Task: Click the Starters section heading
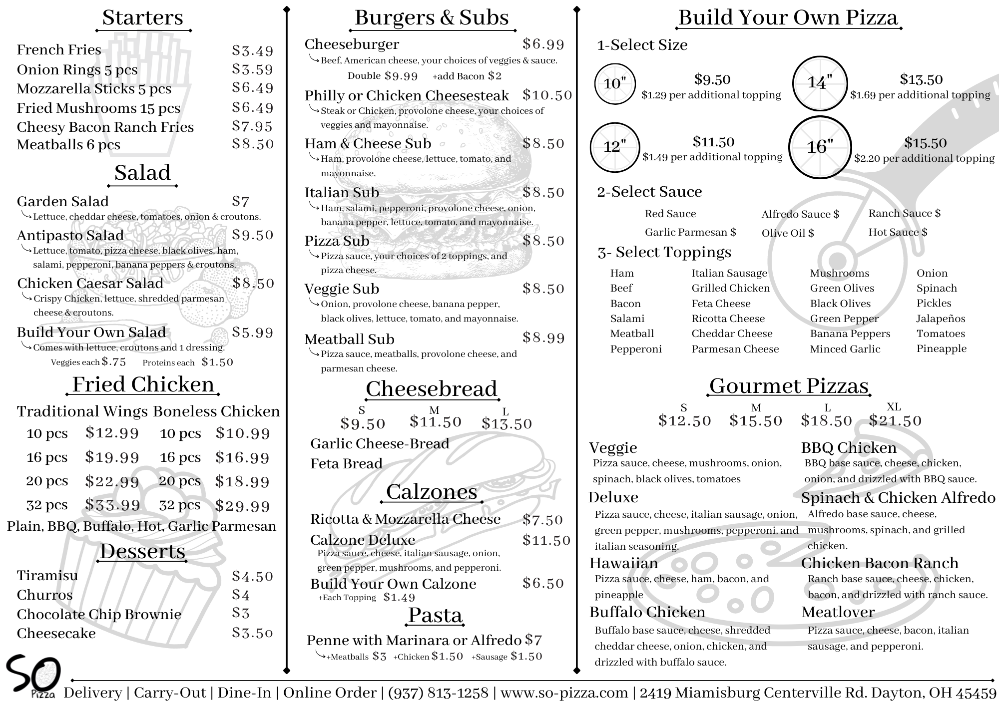(143, 18)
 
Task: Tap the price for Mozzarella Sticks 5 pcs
(253, 88)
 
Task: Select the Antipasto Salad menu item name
(70, 235)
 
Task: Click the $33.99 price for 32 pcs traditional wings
(112, 505)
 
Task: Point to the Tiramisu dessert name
(47, 576)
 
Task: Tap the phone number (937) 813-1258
(438, 693)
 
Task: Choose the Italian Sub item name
(342, 192)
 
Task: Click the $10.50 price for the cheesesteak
(547, 95)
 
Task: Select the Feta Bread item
(346, 464)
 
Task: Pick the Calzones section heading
(432, 492)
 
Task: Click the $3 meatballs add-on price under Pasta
(380, 657)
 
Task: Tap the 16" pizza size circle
(820, 147)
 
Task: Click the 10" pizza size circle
(614, 84)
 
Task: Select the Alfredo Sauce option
(800, 214)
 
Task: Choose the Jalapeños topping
(941, 319)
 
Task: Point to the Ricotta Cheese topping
(728, 319)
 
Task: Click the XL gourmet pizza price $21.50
(895, 421)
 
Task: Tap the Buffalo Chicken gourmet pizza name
(647, 612)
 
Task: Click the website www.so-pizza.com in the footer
(564, 693)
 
